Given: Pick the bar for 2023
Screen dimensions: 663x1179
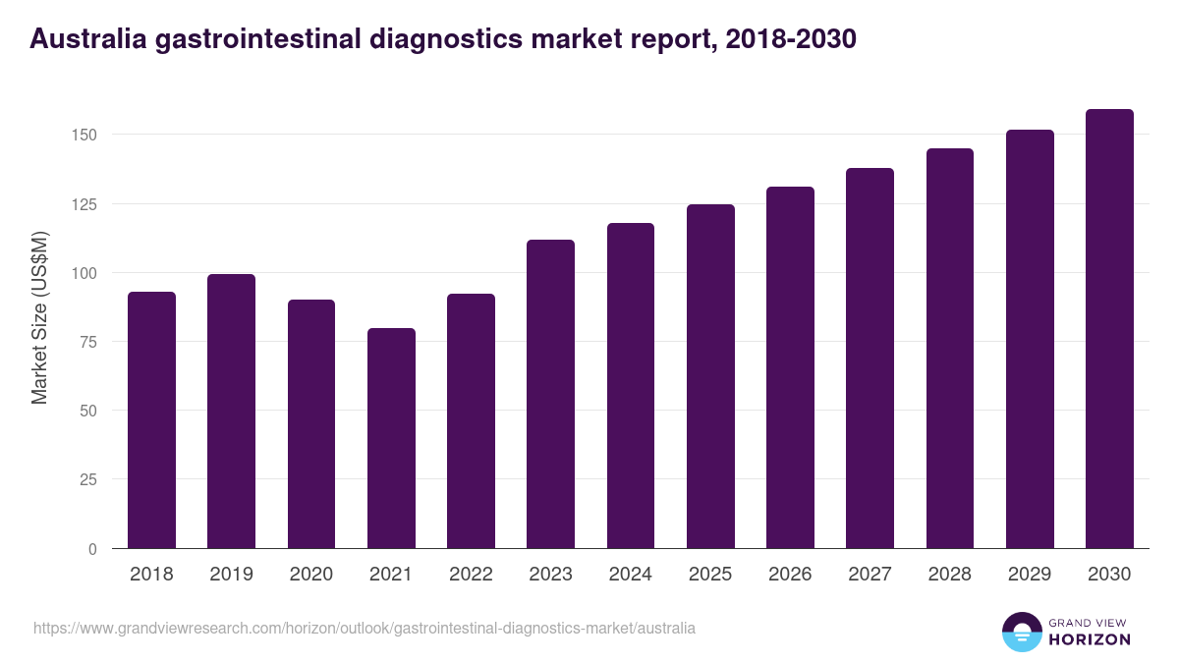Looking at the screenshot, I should (550, 394).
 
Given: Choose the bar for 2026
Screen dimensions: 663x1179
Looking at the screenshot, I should (790, 367).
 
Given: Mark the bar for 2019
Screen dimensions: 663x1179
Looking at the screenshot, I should (231, 412).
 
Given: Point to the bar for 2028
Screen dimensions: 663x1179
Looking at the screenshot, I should (950, 349).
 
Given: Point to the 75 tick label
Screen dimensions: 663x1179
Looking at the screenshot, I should (89, 342).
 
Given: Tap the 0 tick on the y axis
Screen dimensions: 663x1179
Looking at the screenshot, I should (93, 549).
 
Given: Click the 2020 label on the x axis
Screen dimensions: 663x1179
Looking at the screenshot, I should (310, 575).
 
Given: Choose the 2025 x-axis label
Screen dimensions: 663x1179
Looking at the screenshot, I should (710, 575).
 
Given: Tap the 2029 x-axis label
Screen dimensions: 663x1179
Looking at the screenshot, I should (1030, 575).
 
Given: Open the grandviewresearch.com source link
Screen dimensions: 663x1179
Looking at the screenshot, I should (365, 628).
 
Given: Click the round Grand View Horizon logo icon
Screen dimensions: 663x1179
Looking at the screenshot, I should (1022, 632).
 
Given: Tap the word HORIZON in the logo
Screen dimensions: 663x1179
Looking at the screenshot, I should (1091, 639).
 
